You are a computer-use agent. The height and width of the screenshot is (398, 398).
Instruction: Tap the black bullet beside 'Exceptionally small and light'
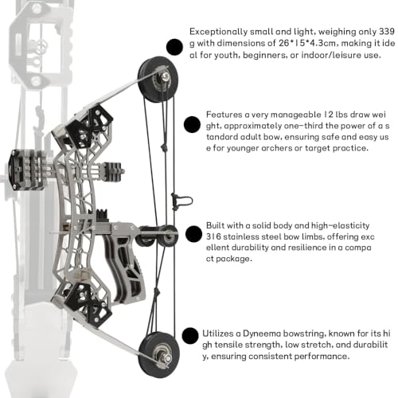click(174, 47)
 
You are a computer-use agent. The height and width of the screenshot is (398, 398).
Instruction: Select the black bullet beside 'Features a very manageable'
click(192, 124)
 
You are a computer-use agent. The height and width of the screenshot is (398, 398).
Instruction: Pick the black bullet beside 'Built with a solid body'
click(194, 234)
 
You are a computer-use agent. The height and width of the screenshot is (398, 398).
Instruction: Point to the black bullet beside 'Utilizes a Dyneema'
click(190, 336)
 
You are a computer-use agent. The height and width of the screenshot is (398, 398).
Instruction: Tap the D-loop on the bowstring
click(181, 201)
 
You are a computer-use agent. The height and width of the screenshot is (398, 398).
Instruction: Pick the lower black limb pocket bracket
click(88, 305)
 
